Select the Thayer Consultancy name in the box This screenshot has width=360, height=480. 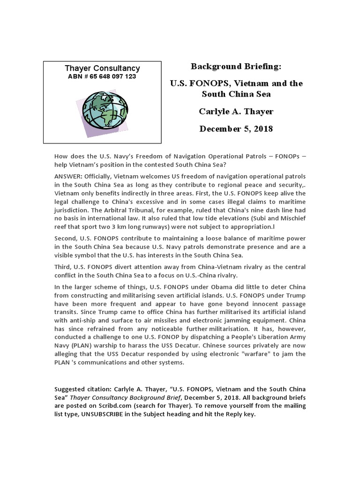[x=102, y=68]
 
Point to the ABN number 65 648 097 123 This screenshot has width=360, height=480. [x=102, y=76]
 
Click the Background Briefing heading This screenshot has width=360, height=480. [x=236, y=67]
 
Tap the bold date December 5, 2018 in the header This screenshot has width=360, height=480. [x=236, y=128]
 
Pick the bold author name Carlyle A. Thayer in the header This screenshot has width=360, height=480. [x=236, y=111]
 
